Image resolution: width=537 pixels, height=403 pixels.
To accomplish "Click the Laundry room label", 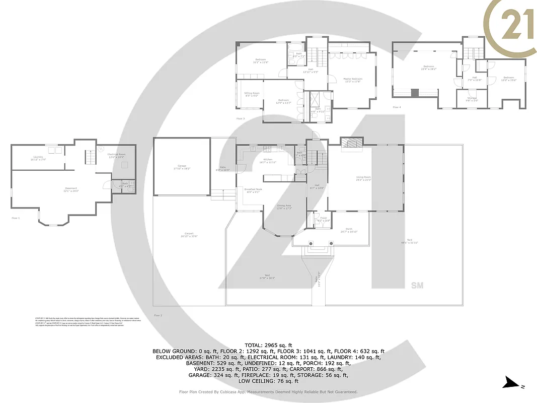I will point(36,158).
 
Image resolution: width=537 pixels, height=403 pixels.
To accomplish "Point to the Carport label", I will point(189,235).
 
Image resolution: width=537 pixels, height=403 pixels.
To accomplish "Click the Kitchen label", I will point(268,161).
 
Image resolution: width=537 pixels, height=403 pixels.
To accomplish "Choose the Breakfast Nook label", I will point(253,190).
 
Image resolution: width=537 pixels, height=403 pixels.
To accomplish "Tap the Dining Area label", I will point(284,207).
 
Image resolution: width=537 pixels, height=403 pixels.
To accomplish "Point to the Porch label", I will point(349,231).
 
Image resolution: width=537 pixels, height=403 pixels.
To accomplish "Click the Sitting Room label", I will point(252,94).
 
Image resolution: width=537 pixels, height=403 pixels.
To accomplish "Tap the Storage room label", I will point(472,99).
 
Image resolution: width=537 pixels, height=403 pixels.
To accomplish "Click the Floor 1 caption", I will point(16,218).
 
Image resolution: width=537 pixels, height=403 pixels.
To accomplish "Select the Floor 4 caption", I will point(397,107).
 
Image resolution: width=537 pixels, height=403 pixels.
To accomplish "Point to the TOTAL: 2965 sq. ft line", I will point(268,345).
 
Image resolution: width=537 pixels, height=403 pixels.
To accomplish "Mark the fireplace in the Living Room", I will point(351,145).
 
